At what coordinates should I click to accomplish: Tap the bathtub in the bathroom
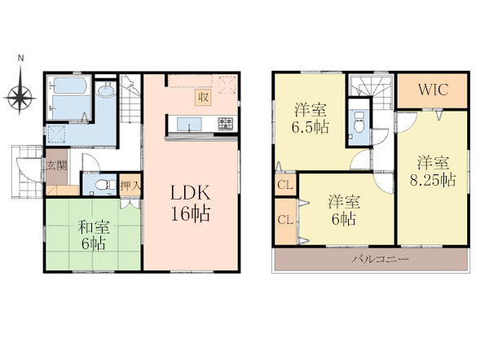click(69, 85)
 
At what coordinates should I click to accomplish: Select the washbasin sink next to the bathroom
click(106, 90)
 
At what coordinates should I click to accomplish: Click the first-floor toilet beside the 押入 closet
click(103, 185)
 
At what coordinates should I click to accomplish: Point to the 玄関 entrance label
click(56, 165)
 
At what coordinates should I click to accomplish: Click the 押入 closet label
click(130, 186)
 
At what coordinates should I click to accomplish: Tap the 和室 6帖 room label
click(94, 235)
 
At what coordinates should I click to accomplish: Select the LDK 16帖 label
click(190, 204)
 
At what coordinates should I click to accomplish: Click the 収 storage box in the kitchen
click(203, 97)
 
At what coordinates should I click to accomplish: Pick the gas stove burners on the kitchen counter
click(226, 123)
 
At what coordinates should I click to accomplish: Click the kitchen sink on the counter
click(189, 124)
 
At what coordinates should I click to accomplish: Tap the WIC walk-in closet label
click(434, 90)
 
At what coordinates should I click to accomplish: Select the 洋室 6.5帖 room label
click(310, 119)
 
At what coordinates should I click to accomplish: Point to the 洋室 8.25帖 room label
click(434, 172)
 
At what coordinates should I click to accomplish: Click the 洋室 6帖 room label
click(344, 211)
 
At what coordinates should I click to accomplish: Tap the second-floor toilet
click(359, 122)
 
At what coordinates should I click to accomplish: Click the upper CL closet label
click(285, 185)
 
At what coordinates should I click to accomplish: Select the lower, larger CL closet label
click(285, 220)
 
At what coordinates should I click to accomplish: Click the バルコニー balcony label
click(380, 259)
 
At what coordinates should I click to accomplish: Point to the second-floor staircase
click(371, 90)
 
